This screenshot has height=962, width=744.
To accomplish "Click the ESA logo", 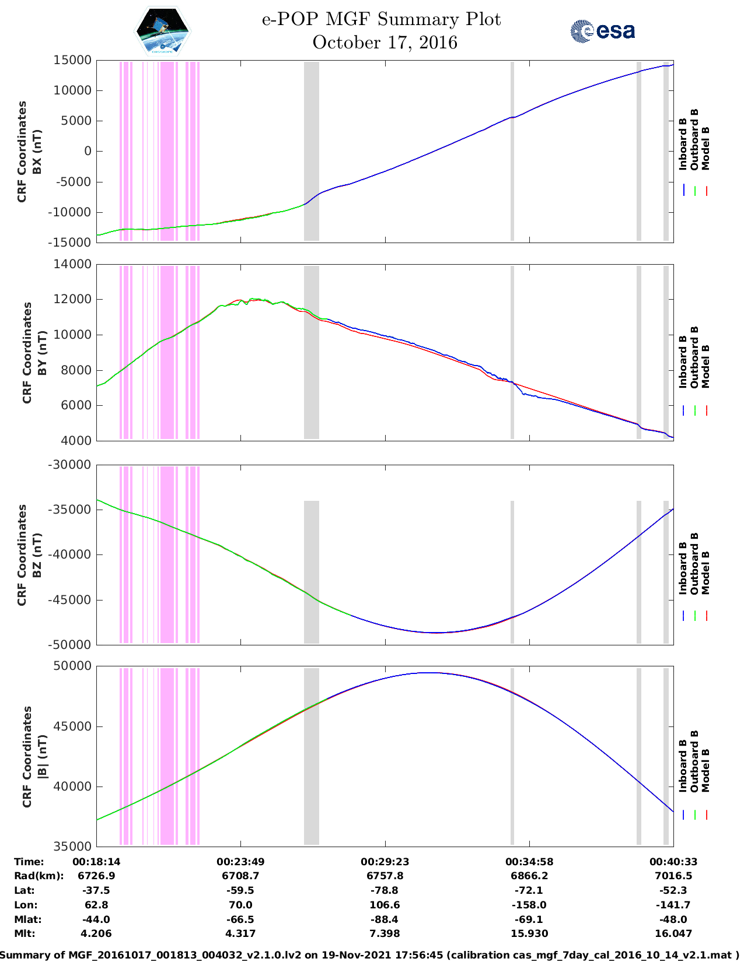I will [602, 31].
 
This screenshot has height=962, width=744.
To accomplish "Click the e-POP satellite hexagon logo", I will [163, 31].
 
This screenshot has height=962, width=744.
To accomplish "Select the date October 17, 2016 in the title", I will [385, 43].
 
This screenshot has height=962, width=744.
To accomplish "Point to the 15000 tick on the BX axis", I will [72, 60].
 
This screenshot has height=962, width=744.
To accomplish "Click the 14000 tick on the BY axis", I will [72, 264].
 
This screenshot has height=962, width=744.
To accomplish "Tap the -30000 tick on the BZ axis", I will [70, 465].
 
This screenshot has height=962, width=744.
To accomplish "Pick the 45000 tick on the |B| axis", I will [72, 726].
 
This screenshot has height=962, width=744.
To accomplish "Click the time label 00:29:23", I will [385, 862].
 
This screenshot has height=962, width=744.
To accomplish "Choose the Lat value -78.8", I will [385, 890].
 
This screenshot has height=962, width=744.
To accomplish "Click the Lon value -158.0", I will [529, 905].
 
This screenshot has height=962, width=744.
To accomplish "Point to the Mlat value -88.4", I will [385, 919].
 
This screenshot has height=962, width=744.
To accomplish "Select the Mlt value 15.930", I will [529, 933].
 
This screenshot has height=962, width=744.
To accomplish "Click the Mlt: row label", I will [25, 933].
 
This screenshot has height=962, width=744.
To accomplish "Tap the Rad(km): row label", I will [39, 876].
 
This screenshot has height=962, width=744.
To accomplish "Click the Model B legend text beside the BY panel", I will [705, 366].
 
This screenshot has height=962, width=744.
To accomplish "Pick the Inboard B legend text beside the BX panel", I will [683, 144].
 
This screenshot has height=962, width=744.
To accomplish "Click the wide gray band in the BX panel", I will [312, 151].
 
